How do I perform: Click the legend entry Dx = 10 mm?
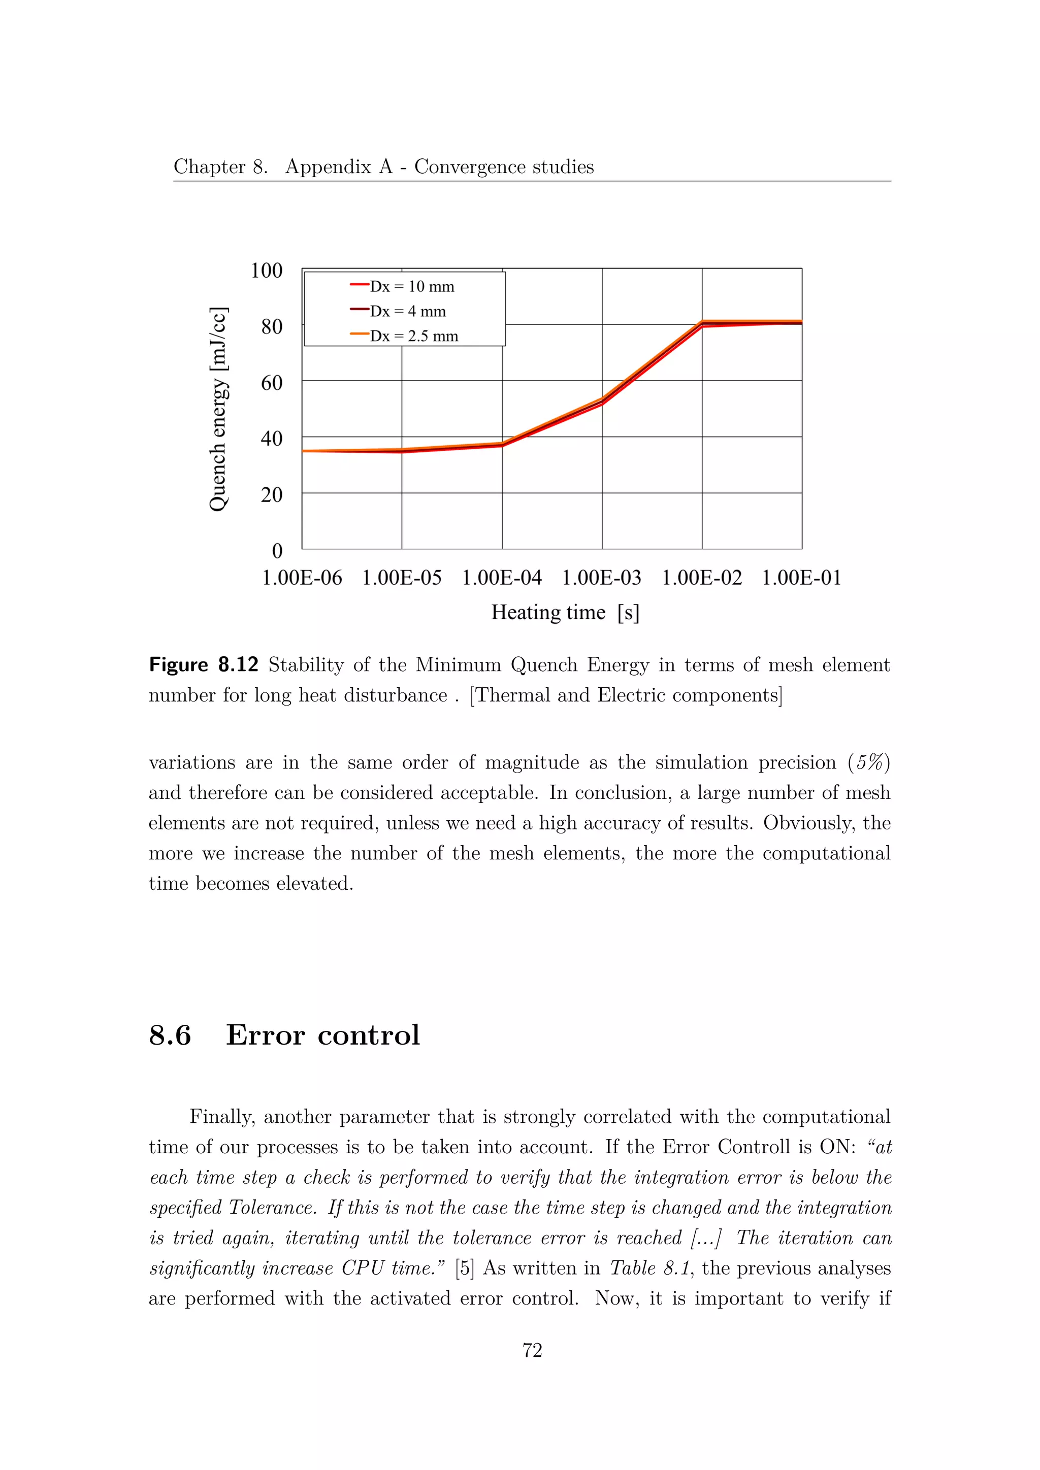pos(411,286)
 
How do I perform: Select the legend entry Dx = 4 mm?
pos(407,311)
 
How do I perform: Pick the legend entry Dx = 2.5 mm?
pos(414,336)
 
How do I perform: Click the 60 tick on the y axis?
pos(272,383)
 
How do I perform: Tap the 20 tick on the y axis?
pos(272,495)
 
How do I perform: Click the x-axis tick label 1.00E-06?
pos(302,578)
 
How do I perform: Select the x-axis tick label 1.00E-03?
pos(601,578)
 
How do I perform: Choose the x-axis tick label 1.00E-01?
pos(801,578)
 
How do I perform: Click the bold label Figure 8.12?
pos(203,665)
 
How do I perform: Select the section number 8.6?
pos(170,1035)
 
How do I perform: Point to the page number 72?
pos(532,1350)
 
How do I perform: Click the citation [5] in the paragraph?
pos(464,1268)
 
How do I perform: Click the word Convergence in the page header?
pos(468,166)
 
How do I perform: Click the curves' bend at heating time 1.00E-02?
pos(702,323)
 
